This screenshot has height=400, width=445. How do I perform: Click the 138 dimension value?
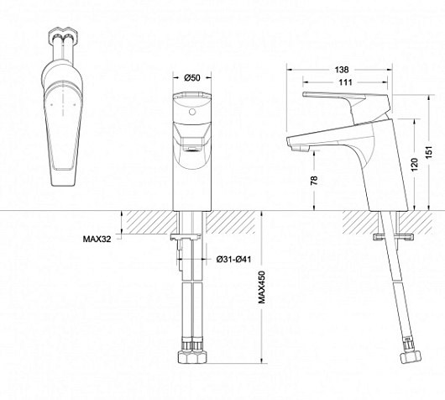point(342,69)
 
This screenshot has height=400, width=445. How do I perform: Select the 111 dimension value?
point(345,82)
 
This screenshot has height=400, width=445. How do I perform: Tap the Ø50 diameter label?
point(192,77)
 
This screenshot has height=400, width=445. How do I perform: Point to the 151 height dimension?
point(430,153)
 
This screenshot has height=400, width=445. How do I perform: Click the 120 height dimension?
point(415,165)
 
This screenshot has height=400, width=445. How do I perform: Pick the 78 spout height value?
point(314,181)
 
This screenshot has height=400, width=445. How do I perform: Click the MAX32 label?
point(97,239)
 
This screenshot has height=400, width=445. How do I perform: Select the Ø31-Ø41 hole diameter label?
point(233,259)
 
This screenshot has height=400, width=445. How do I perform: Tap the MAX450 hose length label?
point(262,287)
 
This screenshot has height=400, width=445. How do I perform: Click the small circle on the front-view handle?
point(192,112)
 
